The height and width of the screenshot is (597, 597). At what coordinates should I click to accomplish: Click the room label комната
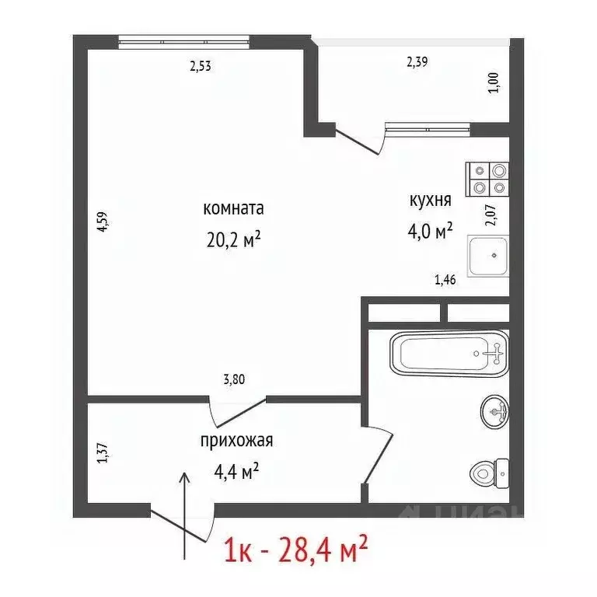pos(233,208)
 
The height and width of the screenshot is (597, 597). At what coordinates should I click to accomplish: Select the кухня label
pos(431,201)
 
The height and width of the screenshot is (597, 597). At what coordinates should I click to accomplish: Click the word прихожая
pos(236,442)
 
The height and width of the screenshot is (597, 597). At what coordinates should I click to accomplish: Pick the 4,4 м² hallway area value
pos(236,470)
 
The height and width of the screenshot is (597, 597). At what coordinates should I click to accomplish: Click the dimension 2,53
pos(201,66)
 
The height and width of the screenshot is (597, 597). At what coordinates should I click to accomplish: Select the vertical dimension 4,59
pos(101,223)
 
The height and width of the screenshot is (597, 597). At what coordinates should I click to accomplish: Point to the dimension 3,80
pos(235,380)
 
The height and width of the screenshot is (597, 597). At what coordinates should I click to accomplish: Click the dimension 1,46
pos(445,280)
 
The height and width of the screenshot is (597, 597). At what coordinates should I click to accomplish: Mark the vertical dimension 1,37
pos(101,453)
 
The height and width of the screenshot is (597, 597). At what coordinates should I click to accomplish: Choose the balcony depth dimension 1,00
pos(492,82)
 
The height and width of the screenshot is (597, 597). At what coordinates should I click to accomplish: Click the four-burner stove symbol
pos(487,178)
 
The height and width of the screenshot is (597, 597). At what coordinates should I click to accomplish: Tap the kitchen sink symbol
pos(488,257)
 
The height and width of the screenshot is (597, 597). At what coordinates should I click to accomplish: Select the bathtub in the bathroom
pos(449,353)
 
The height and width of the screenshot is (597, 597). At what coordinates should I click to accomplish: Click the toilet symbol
pos(489,471)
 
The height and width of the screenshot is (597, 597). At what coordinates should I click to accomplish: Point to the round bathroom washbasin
pos(494,412)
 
